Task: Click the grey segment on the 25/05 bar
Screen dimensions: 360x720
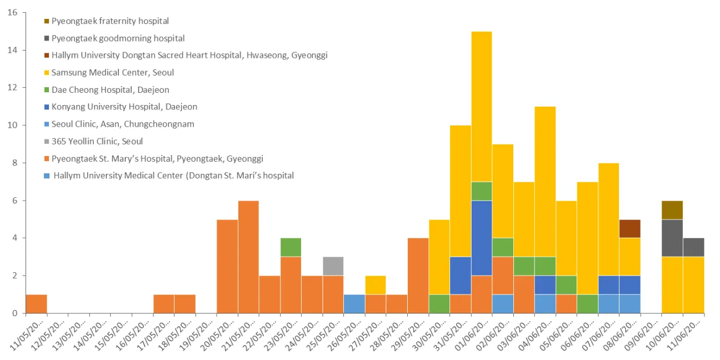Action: pyautogui.click(x=333, y=266)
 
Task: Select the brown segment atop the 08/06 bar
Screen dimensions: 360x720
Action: pyautogui.click(x=630, y=229)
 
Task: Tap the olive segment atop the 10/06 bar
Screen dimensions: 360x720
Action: pyautogui.click(x=672, y=210)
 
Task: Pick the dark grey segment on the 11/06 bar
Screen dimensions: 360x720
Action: pyautogui.click(x=693, y=248)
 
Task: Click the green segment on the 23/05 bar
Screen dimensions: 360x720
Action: pyautogui.click(x=291, y=248)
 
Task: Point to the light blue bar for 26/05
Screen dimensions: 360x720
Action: pyautogui.click(x=354, y=304)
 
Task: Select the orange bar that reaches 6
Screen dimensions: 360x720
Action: pyautogui.click(x=248, y=257)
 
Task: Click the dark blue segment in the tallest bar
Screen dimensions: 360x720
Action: pyautogui.click(x=482, y=238)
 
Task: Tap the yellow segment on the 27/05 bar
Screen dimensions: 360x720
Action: pyautogui.click(x=376, y=285)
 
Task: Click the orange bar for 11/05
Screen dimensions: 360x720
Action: pyautogui.click(x=36, y=304)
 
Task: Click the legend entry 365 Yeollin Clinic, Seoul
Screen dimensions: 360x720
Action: pyautogui.click(x=97, y=141)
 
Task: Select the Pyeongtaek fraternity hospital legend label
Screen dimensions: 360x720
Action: pyautogui.click(x=110, y=21)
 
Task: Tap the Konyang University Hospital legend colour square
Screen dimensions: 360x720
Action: pyautogui.click(x=47, y=107)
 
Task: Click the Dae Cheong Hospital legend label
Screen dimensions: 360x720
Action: pyautogui.click(x=111, y=90)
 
